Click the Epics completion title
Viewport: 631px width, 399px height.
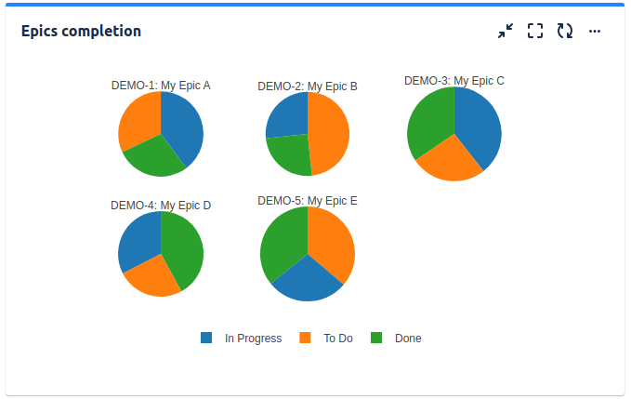(81, 32)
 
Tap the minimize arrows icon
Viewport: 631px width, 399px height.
(505, 32)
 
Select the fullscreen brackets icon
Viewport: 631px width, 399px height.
(534, 32)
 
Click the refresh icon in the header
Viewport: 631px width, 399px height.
(564, 32)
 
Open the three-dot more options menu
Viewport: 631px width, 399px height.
(595, 32)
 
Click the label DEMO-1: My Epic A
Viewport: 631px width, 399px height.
(161, 86)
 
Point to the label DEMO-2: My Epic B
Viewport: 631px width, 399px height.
(308, 86)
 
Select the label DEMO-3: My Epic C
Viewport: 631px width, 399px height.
(454, 81)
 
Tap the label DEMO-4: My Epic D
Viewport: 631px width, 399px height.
(161, 206)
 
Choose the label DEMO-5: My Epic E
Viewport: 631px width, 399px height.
(308, 201)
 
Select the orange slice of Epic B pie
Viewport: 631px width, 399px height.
(329, 135)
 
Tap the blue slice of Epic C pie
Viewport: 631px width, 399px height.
(480, 126)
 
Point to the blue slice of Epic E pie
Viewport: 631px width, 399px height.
(307, 280)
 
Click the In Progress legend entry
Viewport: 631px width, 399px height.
(242, 339)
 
